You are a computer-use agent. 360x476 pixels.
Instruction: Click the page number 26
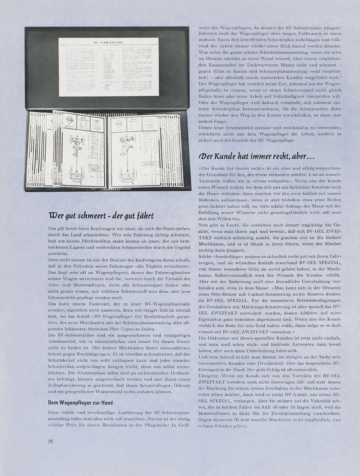pyautogui.click(x=50, y=441)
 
